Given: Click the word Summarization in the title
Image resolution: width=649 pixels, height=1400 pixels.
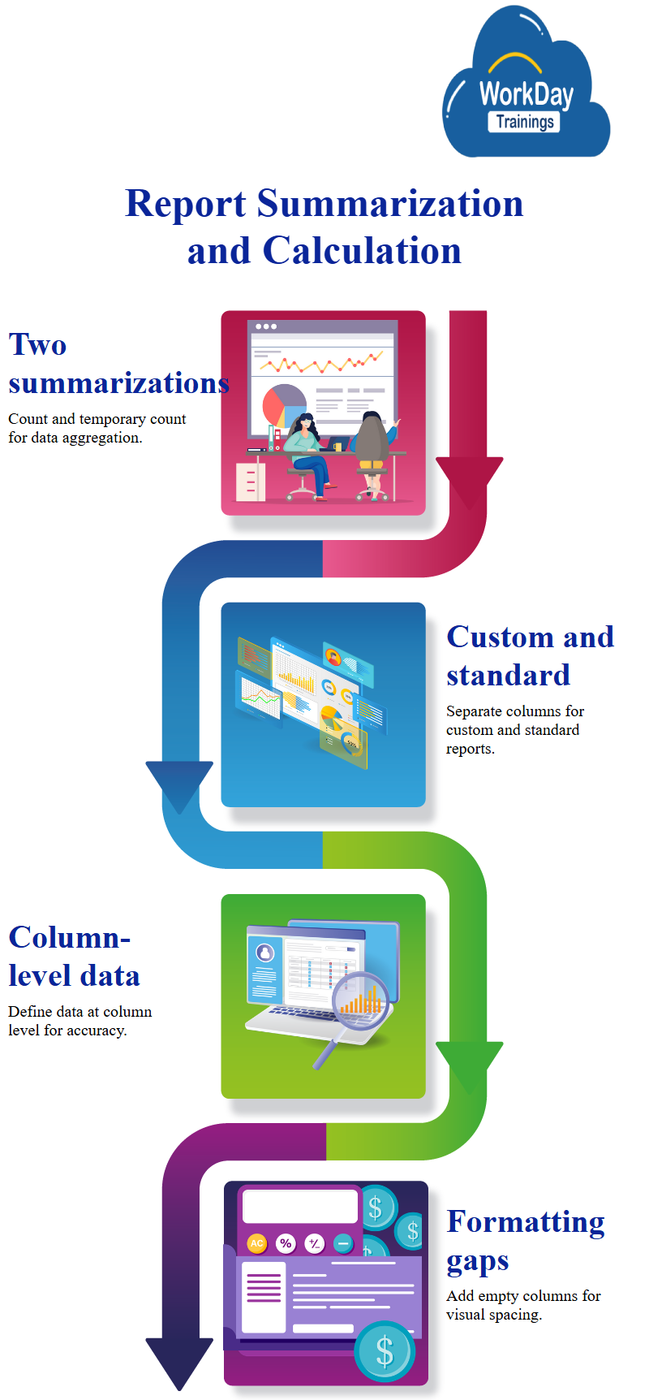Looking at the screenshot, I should point(390,204).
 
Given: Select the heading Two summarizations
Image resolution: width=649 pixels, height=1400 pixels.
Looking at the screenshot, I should point(118,364).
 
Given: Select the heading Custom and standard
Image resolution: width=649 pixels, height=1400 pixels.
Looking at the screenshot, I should point(530,656).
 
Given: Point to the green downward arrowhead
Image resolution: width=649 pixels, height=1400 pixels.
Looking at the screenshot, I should point(469,1065).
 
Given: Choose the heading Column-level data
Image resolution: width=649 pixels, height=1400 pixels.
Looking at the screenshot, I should point(74,957).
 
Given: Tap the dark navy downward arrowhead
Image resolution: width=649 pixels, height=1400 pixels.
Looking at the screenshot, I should point(179,1361).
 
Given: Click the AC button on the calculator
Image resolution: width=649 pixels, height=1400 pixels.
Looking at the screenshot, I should point(256,1243).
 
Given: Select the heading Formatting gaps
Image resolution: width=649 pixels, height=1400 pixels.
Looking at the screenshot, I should point(526,1241).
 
